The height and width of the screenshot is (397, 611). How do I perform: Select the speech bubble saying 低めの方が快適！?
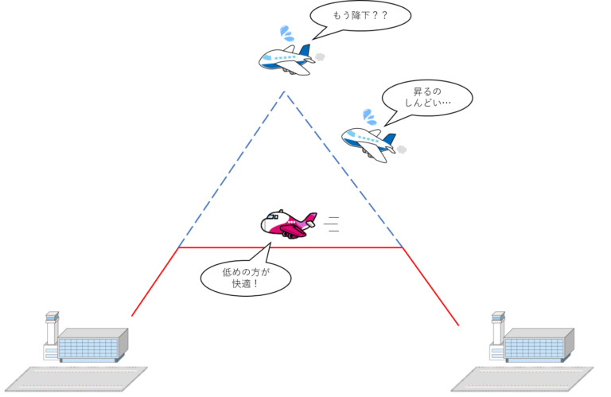pyautogui.click(x=246, y=278)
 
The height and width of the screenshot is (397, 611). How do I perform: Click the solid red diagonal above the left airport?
pyautogui.click(x=154, y=282)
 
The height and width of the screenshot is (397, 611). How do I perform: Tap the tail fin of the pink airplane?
pyautogui.click(x=308, y=217)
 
